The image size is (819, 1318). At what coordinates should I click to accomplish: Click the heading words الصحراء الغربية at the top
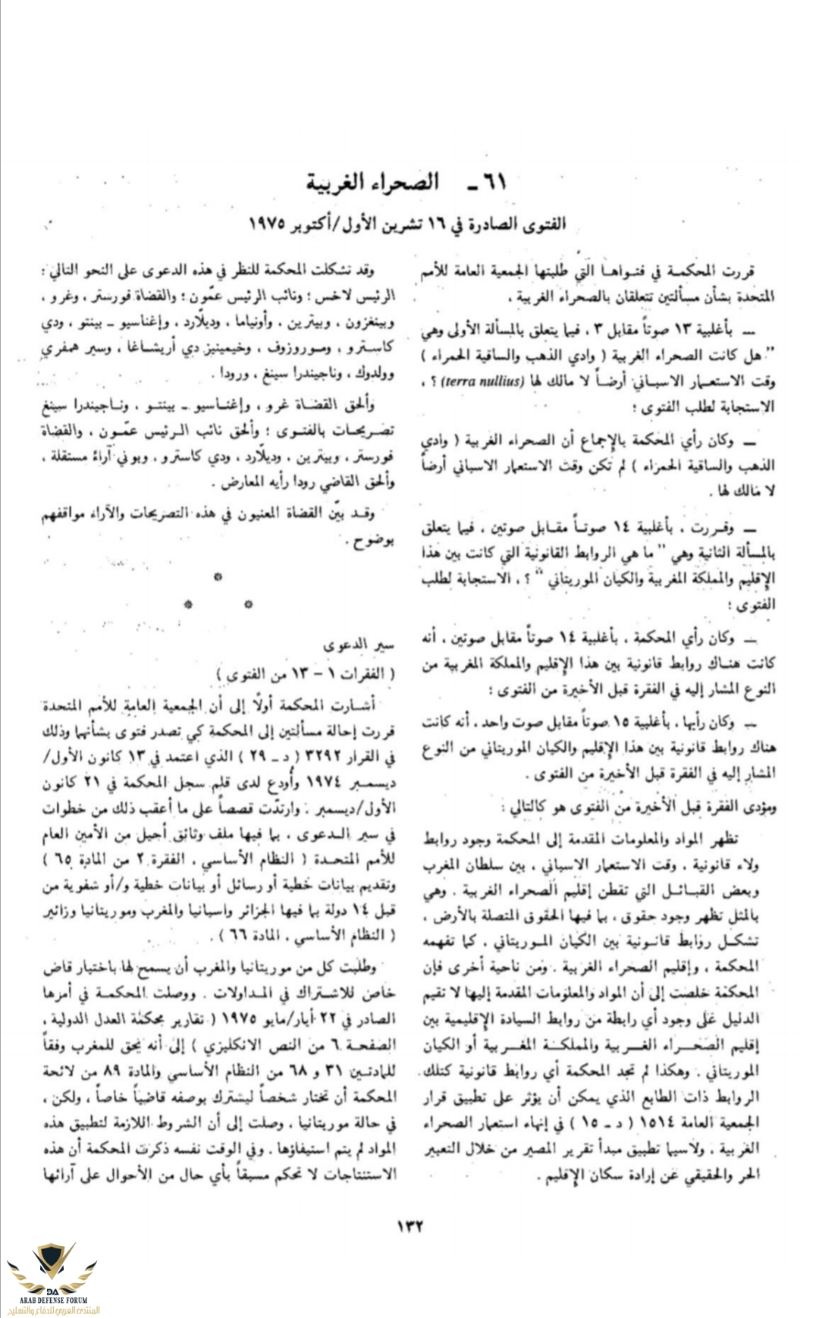[x=373, y=183]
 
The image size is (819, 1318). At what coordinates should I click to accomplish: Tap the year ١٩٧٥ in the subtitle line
[x=266, y=225]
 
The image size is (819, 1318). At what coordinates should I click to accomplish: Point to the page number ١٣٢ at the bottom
[x=409, y=1226]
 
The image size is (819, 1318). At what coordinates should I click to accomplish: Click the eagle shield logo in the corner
[x=51, y=1266]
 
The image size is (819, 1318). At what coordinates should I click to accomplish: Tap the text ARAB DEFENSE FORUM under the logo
[x=52, y=1300]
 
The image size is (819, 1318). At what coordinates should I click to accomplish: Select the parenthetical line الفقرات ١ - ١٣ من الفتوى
[x=306, y=673]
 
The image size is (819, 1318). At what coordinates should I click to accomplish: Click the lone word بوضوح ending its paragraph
[x=371, y=541]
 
